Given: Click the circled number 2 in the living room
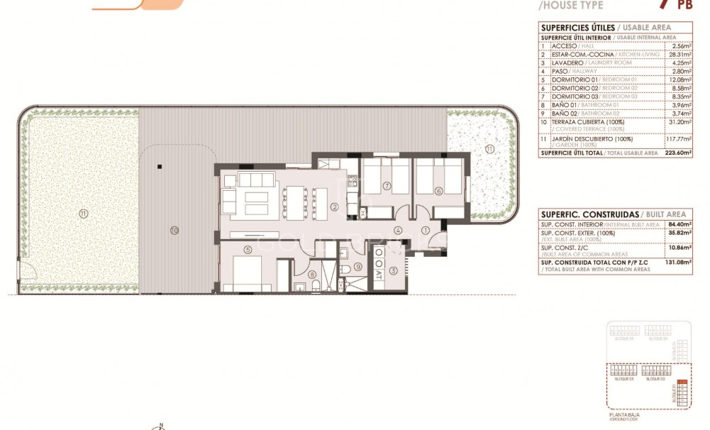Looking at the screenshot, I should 333,207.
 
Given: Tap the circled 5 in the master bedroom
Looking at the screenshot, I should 248,249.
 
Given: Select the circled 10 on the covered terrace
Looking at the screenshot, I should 174,229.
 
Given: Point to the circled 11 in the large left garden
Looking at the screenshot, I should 83,213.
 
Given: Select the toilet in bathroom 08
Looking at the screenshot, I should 300,286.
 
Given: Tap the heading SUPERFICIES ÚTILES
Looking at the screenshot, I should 572,27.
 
